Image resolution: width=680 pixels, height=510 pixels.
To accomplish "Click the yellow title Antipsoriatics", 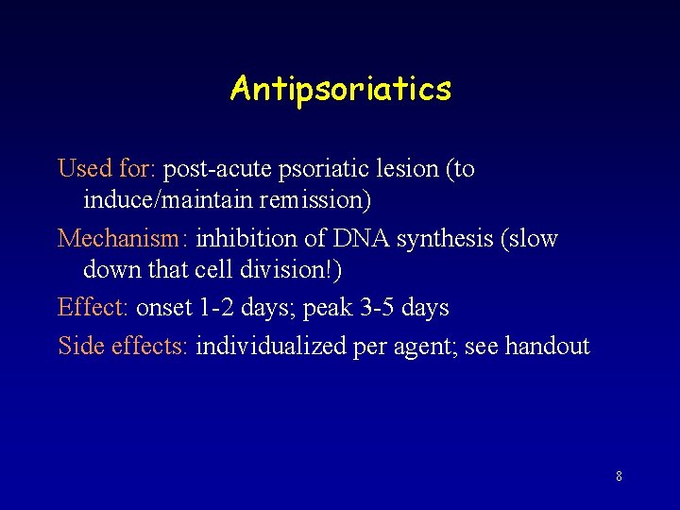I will pyautogui.click(x=340, y=90).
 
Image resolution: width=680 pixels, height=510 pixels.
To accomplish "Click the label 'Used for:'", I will pyautogui.click(x=107, y=169).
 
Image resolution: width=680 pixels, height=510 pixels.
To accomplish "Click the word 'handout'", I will pyautogui.click(x=547, y=347).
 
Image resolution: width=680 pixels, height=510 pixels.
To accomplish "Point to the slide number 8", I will pyautogui.click(x=619, y=477).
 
